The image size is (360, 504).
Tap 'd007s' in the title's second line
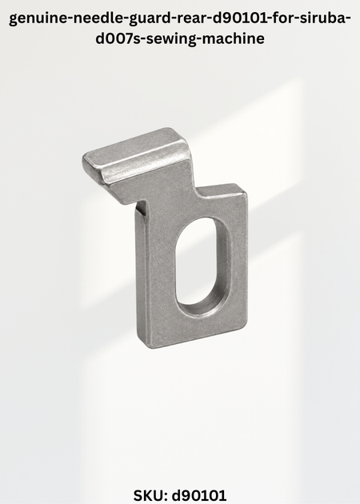(x=116, y=38)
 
